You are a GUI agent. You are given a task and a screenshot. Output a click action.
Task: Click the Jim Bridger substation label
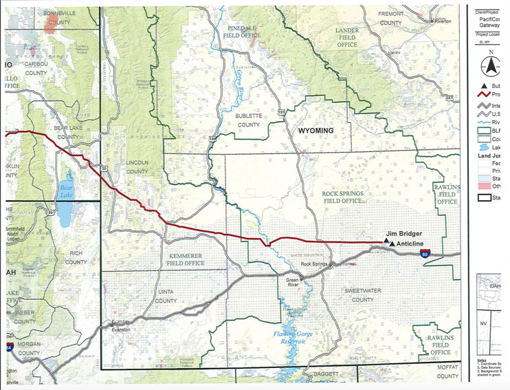pyautogui.click(x=403, y=234)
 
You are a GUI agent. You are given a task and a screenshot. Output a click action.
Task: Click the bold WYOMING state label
pyautogui.click(x=315, y=130)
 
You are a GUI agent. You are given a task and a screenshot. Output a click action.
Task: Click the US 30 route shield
pyautogui.click(x=104, y=167)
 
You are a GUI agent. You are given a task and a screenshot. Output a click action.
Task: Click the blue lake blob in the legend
pyautogui.click(x=485, y=147)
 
